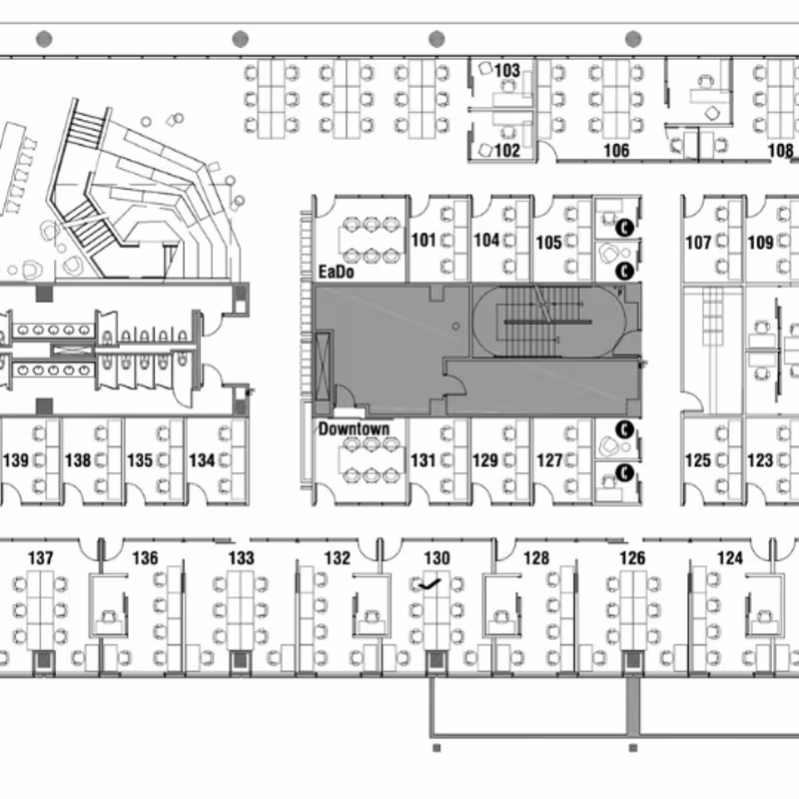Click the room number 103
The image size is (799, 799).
tap(507, 70)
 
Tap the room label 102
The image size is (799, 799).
tap(507, 151)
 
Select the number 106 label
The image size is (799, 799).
tap(616, 151)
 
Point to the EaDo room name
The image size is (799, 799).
tap(336, 272)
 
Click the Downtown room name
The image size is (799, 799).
tap(354, 428)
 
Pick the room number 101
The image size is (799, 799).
tap(423, 240)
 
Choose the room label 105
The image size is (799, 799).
tap(548, 242)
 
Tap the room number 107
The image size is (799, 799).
tap(698, 242)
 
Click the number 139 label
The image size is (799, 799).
tap(16, 460)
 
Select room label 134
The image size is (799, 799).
tap(202, 460)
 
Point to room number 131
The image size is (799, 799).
tap(422, 460)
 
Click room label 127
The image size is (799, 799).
tap(549, 460)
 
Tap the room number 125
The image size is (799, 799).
tap(698, 460)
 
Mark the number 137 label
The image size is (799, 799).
tap(40, 558)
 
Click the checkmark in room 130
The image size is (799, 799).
tap(429, 585)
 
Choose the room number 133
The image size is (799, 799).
tap(241, 558)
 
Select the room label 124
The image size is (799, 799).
tap(730, 558)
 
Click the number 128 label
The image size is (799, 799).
tap(536, 558)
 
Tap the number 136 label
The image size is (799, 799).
tap(145, 558)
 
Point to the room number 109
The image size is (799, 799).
tap(760, 242)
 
